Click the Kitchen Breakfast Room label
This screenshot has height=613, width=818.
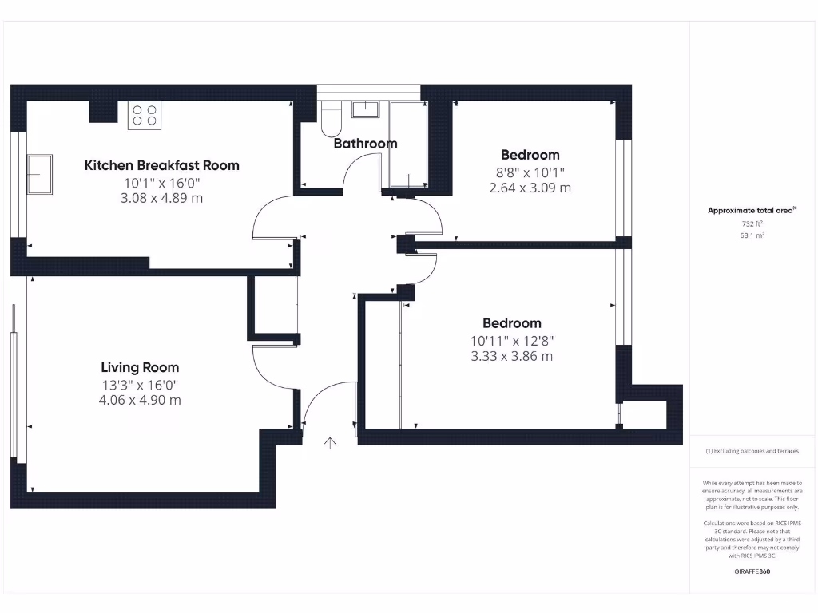point(161,165)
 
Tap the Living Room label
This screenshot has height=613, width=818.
point(140,367)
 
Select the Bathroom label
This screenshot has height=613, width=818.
point(365,144)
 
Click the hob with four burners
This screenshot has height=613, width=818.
point(144,115)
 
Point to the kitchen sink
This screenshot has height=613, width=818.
point(39,174)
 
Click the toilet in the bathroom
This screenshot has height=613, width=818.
point(331,119)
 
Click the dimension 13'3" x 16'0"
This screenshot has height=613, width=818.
point(140,384)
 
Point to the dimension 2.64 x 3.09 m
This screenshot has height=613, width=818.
point(530,188)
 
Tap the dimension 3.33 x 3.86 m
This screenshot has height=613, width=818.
point(511,356)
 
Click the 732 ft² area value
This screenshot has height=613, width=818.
point(752,224)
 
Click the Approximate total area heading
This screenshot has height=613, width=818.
point(751,211)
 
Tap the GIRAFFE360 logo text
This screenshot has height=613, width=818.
point(751,571)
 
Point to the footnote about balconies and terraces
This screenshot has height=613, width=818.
point(751,451)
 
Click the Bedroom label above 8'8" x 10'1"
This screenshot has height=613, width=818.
point(530,155)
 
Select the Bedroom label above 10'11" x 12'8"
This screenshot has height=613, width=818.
point(511,323)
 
